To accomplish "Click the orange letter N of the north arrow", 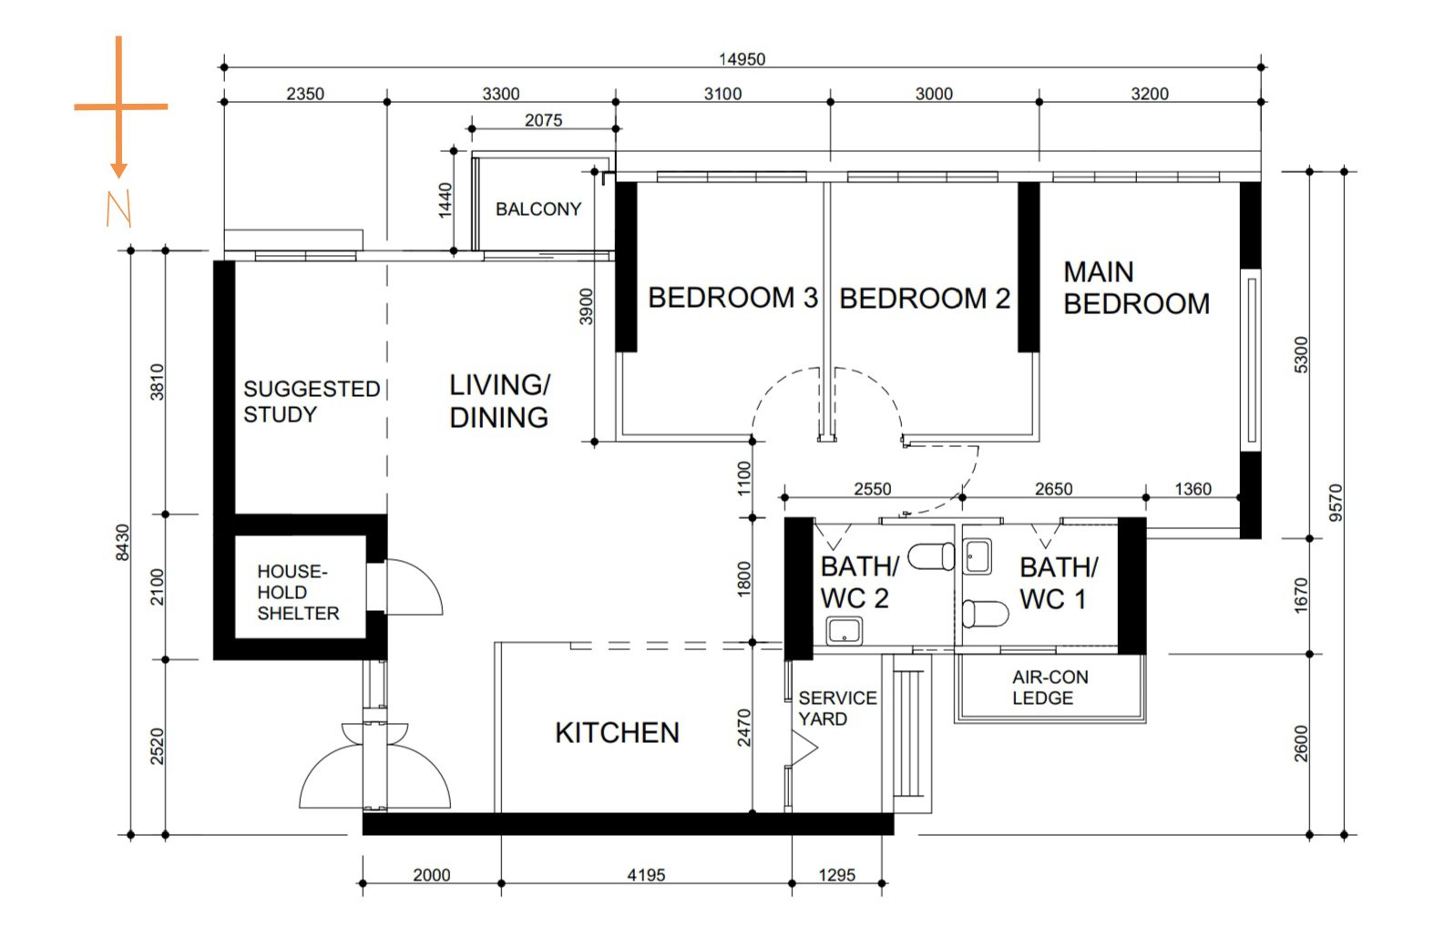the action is point(119,209).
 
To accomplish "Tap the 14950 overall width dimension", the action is point(742,59).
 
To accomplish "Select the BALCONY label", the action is point(538,209).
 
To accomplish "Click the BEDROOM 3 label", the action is point(733,298).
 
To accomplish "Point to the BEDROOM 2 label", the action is point(925,299).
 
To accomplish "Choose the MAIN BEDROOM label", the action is point(1137,288).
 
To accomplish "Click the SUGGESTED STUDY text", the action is point(312,402).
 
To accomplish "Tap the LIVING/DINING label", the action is point(499,401).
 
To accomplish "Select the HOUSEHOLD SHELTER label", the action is point(298,593).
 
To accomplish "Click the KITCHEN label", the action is point(618,733).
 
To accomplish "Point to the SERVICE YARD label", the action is point(837,708).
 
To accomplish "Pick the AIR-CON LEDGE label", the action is point(1050,687).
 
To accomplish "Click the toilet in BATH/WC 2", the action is point(931,556).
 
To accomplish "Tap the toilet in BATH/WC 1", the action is point(985,614).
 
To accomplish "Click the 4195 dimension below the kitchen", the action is point(646,875).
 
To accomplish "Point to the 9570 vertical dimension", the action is point(1336,503).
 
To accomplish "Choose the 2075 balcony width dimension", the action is point(543,120).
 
